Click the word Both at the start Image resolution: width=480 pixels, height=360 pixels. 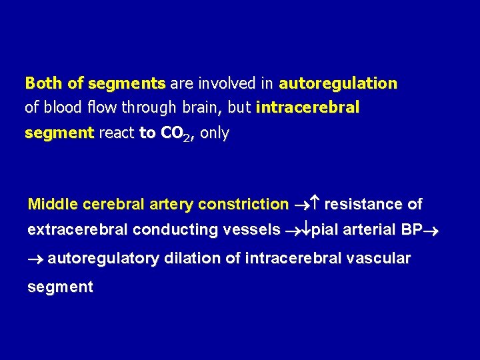coord(44,83)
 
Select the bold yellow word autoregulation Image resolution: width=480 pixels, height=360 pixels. coord(338,83)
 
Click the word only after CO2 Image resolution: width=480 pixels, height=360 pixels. coord(215,133)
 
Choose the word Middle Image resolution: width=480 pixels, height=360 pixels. coord(53,204)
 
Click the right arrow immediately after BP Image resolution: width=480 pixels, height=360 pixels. coord(428,231)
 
